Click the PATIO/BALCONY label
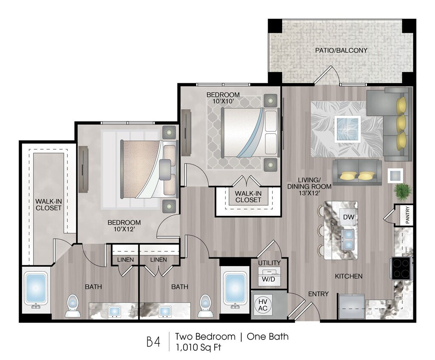point(341,51)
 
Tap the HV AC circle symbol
point(263,304)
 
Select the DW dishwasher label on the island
point(348,217)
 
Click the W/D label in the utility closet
point(268,279)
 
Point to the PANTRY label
point(407,215)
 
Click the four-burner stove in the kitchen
point(401,268)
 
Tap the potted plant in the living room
point(403,191)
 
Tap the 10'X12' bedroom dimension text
point(124,229)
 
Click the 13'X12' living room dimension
point(309,193)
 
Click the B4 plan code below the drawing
point(153,342)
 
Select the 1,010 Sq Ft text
point(198,347)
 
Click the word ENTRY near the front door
point(319,294)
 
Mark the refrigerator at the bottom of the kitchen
point(351,307)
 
